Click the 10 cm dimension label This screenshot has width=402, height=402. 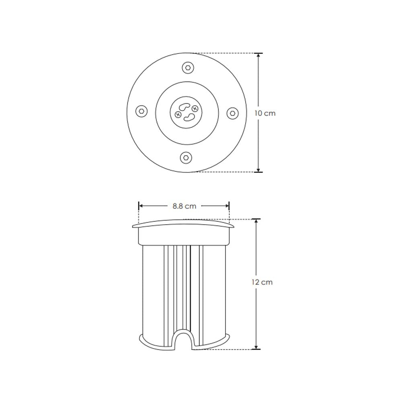pyautogui.click(x=265, y=113)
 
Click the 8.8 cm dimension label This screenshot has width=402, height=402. pyautogui.click(x=184, y=206)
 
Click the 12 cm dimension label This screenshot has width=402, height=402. pyautogui.click(x=262, y=282)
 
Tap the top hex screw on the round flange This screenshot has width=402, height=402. pyautogui.click(x=187, y=68)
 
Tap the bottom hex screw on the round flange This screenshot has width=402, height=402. pyautogui.click(x=186, y=158)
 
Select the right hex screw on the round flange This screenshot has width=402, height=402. pyautogui.click(x=232, y=113)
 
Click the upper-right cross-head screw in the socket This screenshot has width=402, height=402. pyautogui.click(x=195, y=109)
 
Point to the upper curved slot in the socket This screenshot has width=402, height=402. pyautogui.click(x=184, y=108)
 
